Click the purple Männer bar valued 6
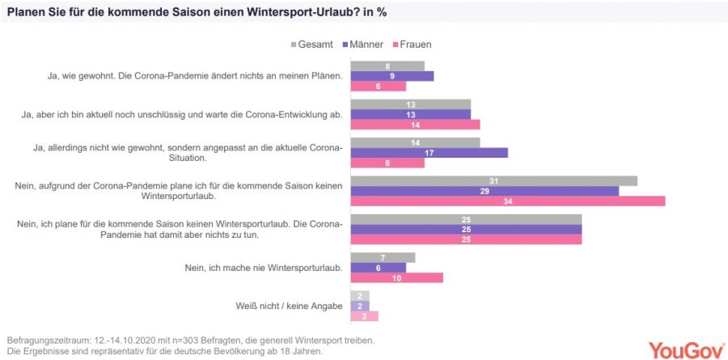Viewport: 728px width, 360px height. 378,268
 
